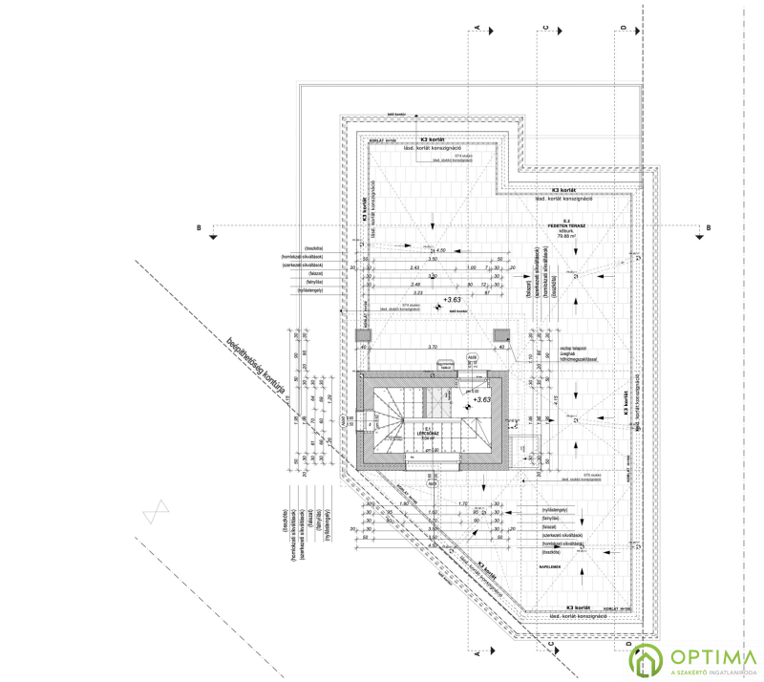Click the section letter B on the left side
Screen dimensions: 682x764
tap(198, 227)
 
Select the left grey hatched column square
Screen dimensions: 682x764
tap(362, 335)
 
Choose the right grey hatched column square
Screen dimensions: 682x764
tap(501, 335)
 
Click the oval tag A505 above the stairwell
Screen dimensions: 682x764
tap(472, 357)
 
